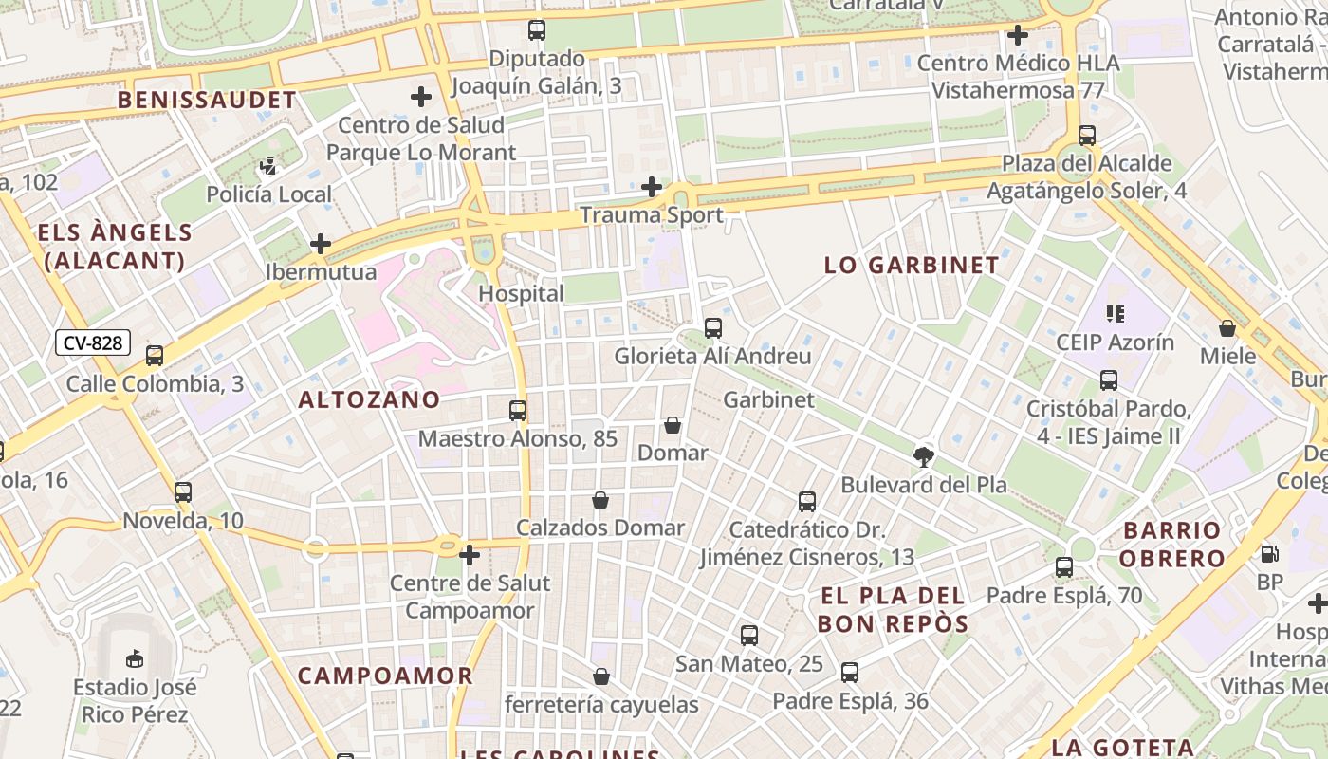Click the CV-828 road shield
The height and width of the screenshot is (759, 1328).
[92, 343]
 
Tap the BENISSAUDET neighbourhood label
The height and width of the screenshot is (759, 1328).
[207, 100]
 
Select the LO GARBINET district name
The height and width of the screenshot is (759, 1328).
[912, 266]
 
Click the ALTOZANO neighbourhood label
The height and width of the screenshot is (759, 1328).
[369, 400]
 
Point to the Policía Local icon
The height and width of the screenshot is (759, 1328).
[268, 167]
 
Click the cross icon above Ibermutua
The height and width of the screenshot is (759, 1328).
[321, 244]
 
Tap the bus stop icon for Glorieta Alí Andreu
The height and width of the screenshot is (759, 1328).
[713, 328]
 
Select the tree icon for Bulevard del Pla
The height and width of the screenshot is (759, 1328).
[923, 456]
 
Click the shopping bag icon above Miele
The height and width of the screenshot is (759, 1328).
[1227, 328]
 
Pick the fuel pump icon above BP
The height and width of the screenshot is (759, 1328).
[1269, 553]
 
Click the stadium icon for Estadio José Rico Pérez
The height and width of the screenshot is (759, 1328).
[135, 657]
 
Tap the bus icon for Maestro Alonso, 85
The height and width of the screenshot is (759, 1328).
[518, 411]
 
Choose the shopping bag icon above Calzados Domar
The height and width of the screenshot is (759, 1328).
[600, 500]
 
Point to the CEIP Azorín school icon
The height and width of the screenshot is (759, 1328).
[1115, 313]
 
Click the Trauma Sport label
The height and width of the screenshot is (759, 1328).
[651, 215]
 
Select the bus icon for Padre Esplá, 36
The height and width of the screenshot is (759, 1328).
[850, 673]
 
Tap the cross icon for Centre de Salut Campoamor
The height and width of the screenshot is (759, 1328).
[470, 554]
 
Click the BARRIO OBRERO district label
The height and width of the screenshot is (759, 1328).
[1172, 544]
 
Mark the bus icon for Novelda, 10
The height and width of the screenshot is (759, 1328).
[183, 492]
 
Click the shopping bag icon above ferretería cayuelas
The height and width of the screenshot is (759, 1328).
[601, 676]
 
